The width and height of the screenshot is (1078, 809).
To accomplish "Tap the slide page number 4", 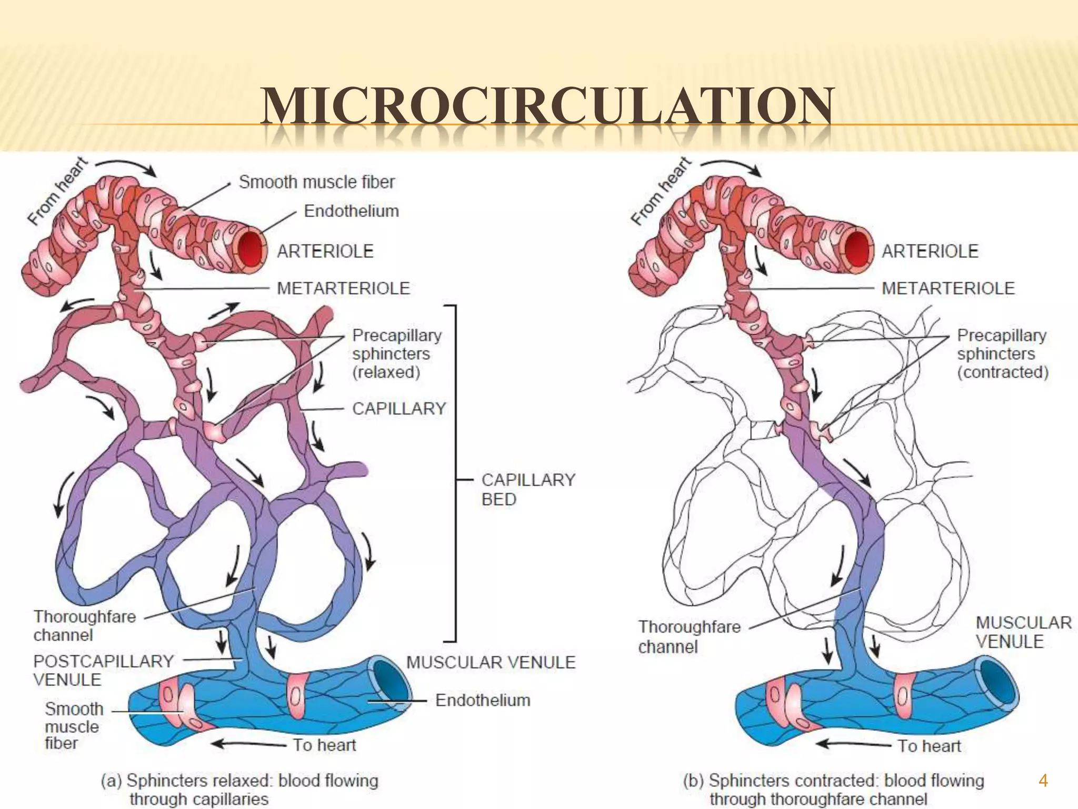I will (1043, 780).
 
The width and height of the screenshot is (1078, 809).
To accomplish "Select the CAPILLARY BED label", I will (528, 489).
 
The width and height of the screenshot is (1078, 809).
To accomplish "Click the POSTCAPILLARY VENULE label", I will (103, 670).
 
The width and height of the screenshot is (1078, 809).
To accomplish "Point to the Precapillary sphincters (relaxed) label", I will (397, 353).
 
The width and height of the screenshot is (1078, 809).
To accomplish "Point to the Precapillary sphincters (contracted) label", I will (1002, 353).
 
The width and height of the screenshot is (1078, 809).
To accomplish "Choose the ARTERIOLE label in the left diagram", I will (325, 251).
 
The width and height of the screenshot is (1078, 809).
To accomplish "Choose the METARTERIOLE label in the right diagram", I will (948, 288).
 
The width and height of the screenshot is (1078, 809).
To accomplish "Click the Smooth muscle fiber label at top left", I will (316, 182).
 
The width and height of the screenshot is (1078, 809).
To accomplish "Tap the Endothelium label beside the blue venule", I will (483, 700).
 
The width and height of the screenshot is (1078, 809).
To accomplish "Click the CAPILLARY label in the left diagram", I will (399, 408).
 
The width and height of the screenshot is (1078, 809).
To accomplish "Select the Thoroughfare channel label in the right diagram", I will (689, 636).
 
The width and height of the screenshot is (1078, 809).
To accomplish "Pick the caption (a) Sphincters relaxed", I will (239, 788).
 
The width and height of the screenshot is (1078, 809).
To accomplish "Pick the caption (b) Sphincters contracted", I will (833, 788).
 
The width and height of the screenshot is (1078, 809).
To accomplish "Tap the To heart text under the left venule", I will (324, 745).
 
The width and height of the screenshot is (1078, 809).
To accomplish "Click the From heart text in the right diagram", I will (661, 191).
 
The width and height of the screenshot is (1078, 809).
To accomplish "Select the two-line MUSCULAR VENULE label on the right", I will (1023, 632).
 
